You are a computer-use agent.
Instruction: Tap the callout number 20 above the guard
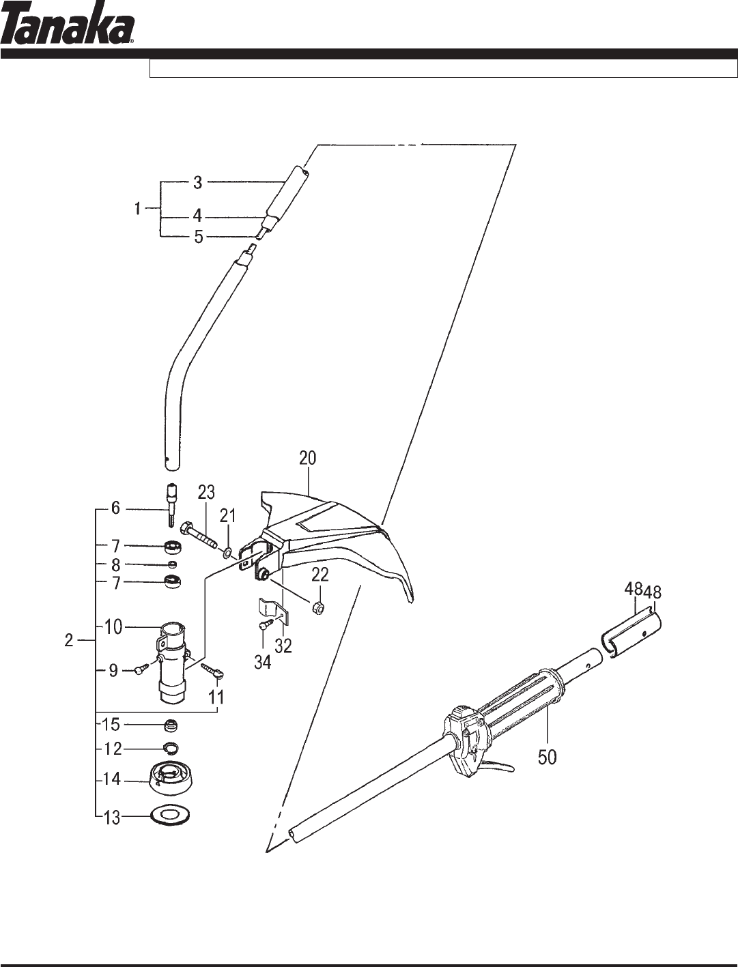[307, 459]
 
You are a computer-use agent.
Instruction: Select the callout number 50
[547, 757]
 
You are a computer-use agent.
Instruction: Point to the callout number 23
[205, 492]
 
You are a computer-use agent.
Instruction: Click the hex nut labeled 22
[320, 609]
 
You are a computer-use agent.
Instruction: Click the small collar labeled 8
[173, 565]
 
